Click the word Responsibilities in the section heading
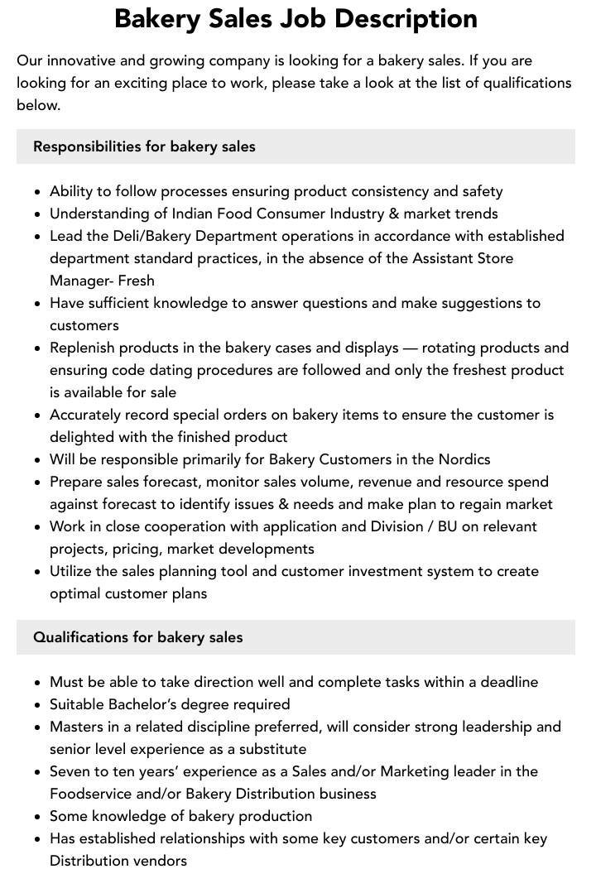(x=87, y=146)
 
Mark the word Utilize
(x=72, y=571)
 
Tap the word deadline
(x=505, y=682)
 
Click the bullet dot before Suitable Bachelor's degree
(x=37, y=705)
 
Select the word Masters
(x=76, y=727)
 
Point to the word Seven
(x=70, y=771)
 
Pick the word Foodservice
(x=91, y=794)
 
